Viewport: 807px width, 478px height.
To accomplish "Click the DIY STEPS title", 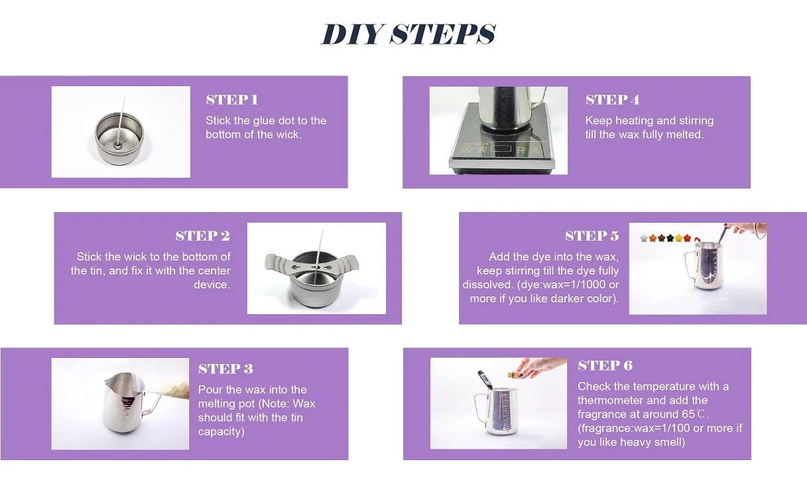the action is [x=408, y=34].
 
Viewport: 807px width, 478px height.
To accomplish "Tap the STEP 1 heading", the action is [x=232, y=100].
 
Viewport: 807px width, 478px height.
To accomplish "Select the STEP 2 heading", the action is [x=203, y=236].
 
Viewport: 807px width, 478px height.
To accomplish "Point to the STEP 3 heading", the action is [x=226, y=369].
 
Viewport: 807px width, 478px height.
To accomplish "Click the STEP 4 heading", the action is [x=613, y=100].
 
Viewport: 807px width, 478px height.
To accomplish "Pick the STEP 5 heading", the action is [x=592, y=236].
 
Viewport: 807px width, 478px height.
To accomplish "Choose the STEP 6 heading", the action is [x=605, y=365].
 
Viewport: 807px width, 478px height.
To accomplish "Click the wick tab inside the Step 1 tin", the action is [x=117, y=146].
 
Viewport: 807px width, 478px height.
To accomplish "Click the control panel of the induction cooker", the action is [x=501, y=149].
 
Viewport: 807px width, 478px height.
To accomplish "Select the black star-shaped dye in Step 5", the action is [x=670, y=238].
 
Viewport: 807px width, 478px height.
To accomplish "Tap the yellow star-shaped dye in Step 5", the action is [x=679, y=238].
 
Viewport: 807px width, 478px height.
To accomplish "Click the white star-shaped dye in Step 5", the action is [x=644, y=238].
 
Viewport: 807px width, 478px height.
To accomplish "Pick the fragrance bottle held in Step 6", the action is [x=515, y=375].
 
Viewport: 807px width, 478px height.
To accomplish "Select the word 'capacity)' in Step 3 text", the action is [x=221, y=432].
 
